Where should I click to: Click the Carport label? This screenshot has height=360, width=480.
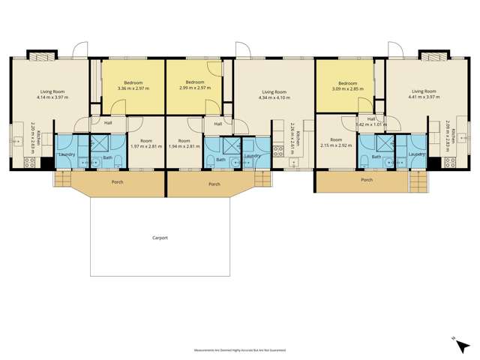coord(160,238)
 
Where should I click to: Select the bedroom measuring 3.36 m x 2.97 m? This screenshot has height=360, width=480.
coord(133,85)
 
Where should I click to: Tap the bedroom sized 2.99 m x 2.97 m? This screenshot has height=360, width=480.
coord(195,85)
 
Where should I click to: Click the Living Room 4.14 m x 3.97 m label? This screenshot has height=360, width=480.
coord(53,94)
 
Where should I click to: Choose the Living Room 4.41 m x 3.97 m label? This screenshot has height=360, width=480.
coord(424,94)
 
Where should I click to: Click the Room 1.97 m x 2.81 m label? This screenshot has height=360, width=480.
coord(147,143)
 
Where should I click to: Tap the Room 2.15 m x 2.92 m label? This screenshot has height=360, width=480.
coord(336,142)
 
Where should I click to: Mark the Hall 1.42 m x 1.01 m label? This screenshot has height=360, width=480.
coord(372,121)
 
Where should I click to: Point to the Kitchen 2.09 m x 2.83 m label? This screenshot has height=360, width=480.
coord(451,138)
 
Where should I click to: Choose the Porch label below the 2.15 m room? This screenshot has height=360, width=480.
coord(367,180)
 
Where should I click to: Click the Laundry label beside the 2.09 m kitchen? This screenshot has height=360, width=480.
coord(418,154)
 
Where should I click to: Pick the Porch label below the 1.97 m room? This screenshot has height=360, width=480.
coord(116,182)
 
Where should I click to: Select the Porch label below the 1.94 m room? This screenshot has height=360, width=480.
coord(214,183)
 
